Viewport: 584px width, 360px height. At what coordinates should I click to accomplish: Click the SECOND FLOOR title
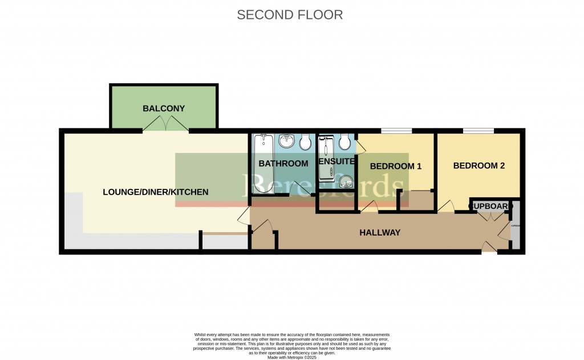coord(290,15)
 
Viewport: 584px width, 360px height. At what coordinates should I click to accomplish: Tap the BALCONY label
coord(164,108)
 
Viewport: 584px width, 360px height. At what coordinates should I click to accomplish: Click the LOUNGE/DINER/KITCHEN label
coord(156,192)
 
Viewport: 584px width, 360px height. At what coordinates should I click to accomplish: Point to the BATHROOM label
coord(283,164)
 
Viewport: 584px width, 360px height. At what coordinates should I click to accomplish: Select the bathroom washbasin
coord(286,140)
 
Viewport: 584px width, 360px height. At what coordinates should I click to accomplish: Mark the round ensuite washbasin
coord(346,182)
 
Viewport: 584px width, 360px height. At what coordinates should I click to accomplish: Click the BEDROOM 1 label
coord(395,167)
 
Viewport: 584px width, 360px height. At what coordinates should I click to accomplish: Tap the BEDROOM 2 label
coord(479,166)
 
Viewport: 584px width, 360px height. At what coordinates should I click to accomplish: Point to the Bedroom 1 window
coord(396,131)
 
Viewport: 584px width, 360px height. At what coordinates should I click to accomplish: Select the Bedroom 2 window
coord(478,131)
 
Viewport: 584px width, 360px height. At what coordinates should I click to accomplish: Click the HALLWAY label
coord(380,233)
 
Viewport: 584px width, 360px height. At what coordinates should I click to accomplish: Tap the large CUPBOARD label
coord(489,205)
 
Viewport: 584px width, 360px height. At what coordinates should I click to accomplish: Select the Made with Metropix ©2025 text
coord(291,357)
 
